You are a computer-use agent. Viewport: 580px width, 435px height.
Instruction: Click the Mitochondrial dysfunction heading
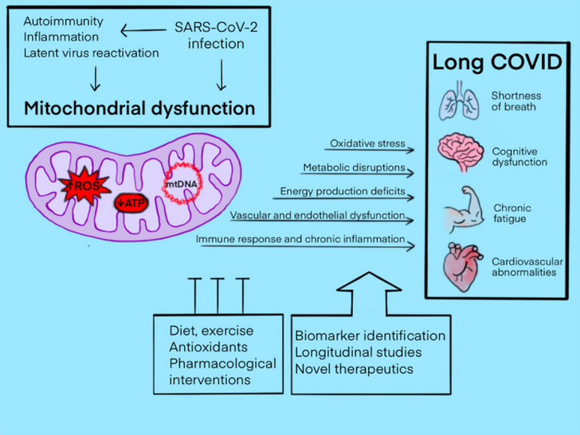click(x=136, y=107)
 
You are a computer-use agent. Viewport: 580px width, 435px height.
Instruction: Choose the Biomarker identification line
click(x=370, y=335)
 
